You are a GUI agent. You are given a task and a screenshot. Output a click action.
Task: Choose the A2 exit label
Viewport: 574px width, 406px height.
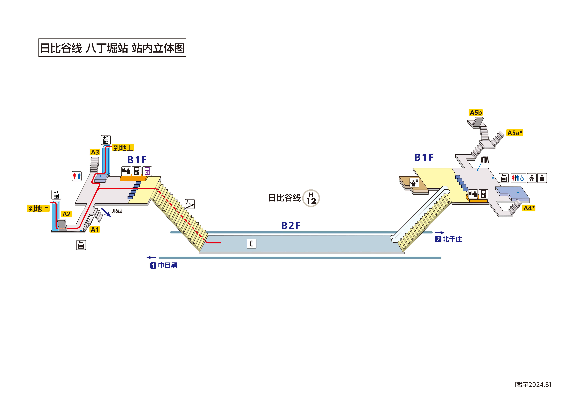[x=67, y=214]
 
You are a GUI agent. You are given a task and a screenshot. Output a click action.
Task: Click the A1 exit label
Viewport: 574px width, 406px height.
[x=95, y=229]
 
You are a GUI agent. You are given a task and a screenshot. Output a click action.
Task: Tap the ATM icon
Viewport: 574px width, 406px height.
[x=485, y=160]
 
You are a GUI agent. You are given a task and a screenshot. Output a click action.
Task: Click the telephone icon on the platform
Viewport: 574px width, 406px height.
[x=251, y=244]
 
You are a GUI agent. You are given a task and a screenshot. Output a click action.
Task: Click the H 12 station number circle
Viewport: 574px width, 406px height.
[x=311, y=198]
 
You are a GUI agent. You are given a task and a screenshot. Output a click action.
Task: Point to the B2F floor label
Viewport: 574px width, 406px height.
[x=291, y=226]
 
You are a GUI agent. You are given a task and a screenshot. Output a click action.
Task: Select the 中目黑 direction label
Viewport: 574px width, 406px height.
[x=168, y=265]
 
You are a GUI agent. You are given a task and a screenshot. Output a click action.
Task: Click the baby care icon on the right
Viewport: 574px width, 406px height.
[x=532, y=178]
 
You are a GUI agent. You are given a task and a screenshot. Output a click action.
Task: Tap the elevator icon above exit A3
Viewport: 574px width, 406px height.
[x=106, y=140]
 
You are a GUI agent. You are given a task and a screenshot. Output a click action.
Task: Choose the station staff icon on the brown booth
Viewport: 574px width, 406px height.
[x=414, y=183]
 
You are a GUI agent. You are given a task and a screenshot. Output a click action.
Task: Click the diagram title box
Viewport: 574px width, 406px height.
[x=112, y=48]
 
